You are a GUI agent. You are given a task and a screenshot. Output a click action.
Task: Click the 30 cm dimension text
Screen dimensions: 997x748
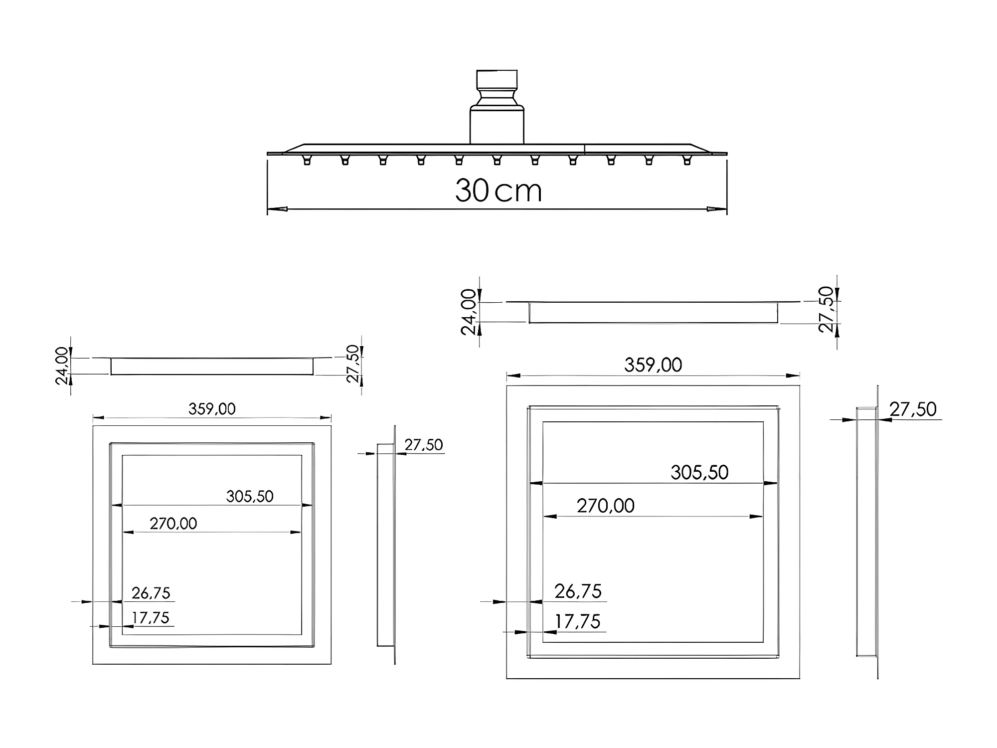[498, 190]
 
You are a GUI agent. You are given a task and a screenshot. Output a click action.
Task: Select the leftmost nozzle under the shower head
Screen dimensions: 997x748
[307, 160]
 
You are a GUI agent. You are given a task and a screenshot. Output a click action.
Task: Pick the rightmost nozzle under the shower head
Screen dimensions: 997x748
[687, 160]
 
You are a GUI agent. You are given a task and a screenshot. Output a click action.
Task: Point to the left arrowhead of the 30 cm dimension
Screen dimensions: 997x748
[277, 209]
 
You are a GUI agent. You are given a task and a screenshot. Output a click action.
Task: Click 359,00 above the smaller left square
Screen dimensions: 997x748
[212, 409]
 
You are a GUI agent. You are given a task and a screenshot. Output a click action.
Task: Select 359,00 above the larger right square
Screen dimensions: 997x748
[653, 365]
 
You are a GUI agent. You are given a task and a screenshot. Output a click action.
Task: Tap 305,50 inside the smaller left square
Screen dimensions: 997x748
[250, 496]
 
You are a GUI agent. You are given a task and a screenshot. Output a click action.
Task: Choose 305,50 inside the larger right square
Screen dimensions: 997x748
[699, 472]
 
